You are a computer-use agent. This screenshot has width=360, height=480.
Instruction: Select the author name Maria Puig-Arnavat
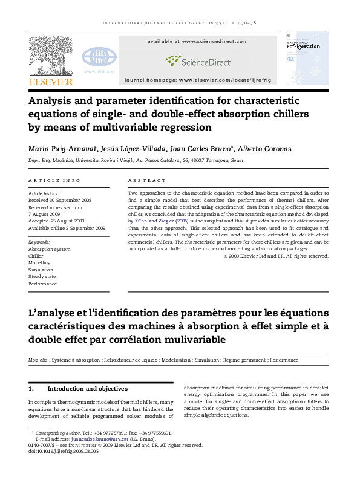(60, 148)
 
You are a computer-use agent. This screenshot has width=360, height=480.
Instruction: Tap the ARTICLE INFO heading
(54, 180)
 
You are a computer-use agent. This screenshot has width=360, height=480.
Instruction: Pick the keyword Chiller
(36, 255)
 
